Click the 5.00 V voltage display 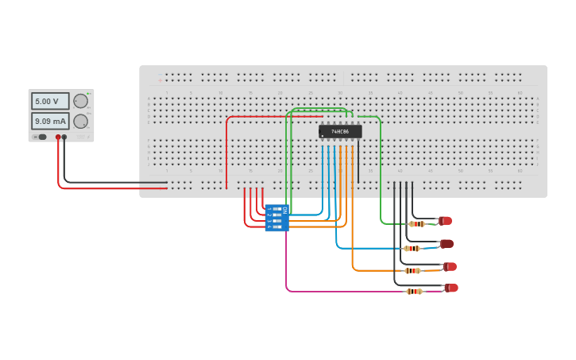[x=50, y=102]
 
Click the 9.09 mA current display [x=50, y=122]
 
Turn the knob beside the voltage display [x=80, y=101]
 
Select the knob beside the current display [x=80, y=122]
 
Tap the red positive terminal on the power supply [x=58, y=137]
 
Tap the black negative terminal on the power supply [x=64, y=137]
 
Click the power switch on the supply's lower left [x=40, y=137]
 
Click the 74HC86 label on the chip [x=340, y=131]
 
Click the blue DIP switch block [x=277, y=218]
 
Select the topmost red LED [x=445, y=221]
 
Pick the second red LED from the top [x=446, y=244]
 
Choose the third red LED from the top [x=450, y=267]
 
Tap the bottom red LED [x=451, y=288]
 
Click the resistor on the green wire [x=416, y=224]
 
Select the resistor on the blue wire [x=412, y=249]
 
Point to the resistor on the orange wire [x=412, y=271]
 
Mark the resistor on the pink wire [x=414, y=292]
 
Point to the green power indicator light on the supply [x=88, y=93]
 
